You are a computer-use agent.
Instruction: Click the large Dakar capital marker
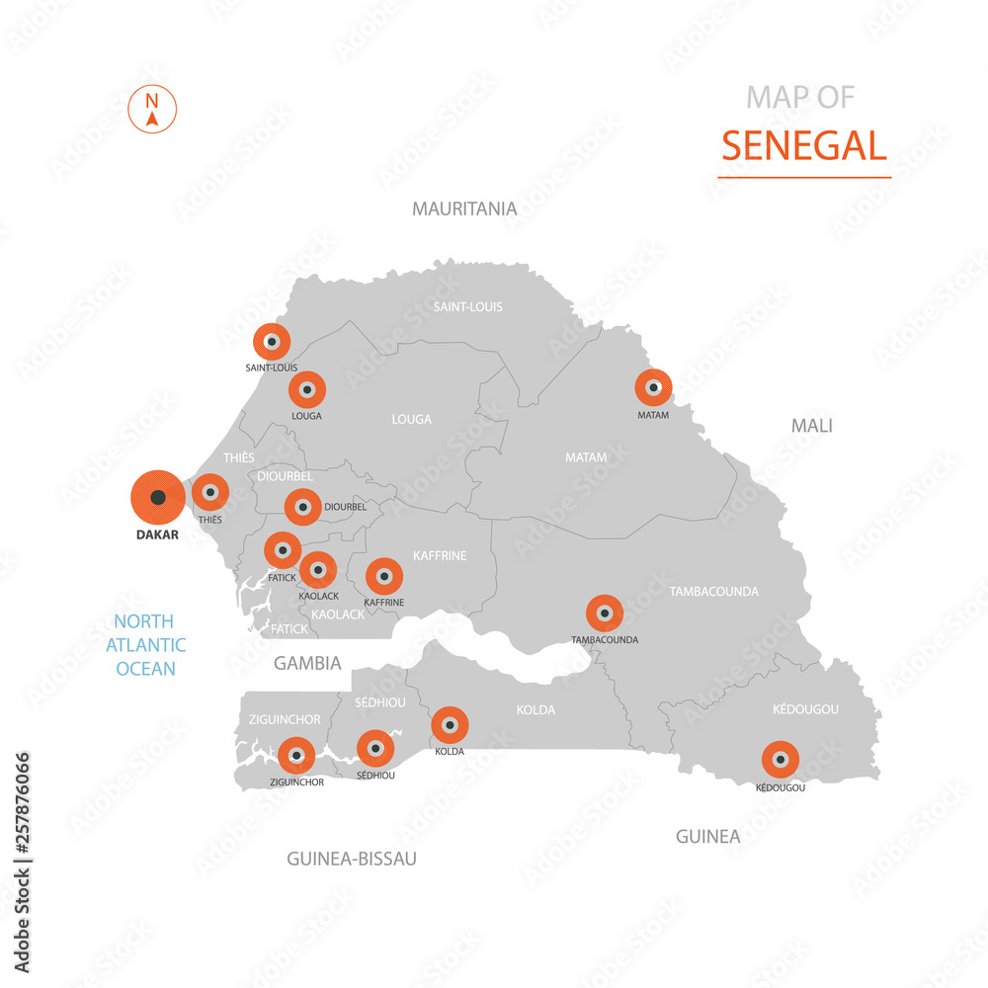pos(158,497)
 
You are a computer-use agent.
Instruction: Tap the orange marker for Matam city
pos(653,388)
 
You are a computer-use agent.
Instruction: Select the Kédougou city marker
pos(781,760)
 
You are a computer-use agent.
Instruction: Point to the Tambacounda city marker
pos(605,614)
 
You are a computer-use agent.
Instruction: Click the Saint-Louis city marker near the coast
pos(272,342)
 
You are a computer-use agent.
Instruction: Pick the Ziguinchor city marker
pos(296,757)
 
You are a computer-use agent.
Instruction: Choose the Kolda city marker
pos(450,725)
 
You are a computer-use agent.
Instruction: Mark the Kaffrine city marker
pos(383,576)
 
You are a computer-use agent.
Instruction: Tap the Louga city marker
pos(307,390)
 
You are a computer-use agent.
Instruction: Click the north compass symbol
pos(152,110)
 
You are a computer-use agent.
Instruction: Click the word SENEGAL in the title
pos(803,145)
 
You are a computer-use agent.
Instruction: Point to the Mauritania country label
pos(464,208)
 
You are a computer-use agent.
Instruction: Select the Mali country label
pos(812,426)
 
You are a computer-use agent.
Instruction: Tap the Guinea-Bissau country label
pos(352,859)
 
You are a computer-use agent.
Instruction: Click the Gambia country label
pos(307,663)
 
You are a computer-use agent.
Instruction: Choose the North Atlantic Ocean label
pos(145,645)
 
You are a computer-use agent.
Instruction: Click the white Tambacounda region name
pos(713,592)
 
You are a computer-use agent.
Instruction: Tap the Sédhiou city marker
pos(375,748)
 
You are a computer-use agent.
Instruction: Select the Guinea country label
pos(707,837)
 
